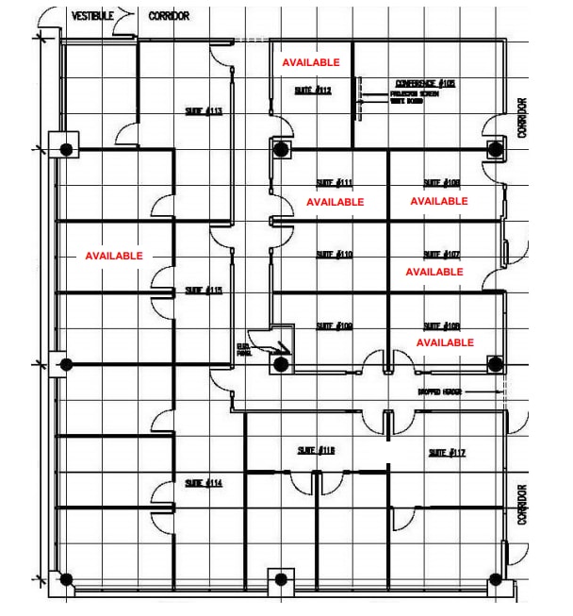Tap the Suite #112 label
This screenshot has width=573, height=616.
312,91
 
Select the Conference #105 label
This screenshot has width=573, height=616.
425,84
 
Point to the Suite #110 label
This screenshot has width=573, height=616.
334,255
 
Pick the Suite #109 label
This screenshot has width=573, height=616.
334,326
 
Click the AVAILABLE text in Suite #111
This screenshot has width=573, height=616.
335,202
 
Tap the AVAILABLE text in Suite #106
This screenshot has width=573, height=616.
445,342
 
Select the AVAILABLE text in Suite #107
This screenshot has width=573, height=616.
434,272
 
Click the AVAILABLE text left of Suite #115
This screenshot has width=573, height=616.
114,256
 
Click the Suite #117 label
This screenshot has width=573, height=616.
447,453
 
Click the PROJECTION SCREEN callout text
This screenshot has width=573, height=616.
411,95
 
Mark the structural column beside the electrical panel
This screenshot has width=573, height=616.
280,363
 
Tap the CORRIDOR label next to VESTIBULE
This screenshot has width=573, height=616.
169,16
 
